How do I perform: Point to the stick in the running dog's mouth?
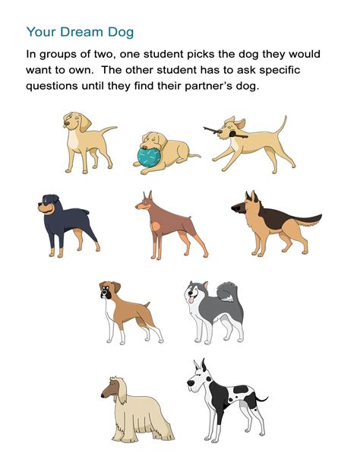pyautogui.click(x=228, y=129)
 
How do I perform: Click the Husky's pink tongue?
pyautogui.click(x=190, y=302)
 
